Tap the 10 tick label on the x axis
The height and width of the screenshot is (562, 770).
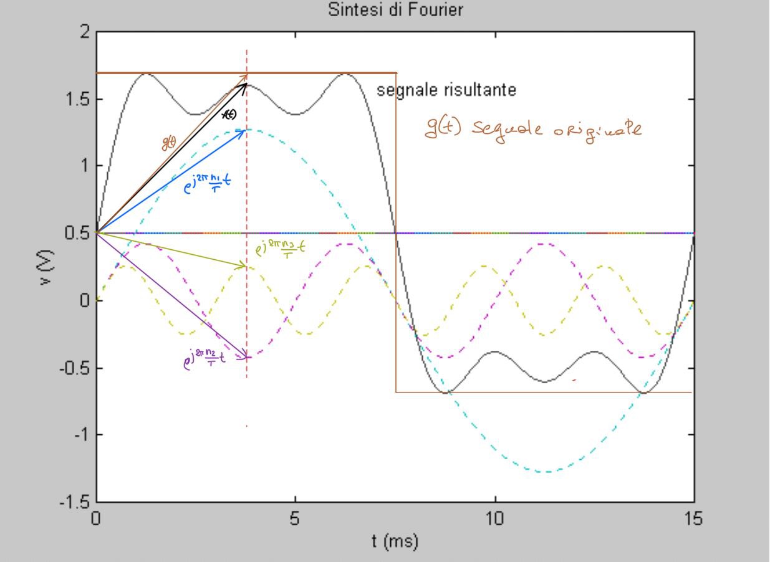[494, 519]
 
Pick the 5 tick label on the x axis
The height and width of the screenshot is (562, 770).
[295, 519]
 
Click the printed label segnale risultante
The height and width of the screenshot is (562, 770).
[446, 90]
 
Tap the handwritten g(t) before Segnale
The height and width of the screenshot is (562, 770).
[443, 128]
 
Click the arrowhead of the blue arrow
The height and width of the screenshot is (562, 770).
[243, 131]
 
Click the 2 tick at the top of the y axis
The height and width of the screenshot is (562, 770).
[84, 32]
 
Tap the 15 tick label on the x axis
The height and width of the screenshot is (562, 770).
[693, 519]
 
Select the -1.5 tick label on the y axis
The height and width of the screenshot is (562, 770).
[74, 502]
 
